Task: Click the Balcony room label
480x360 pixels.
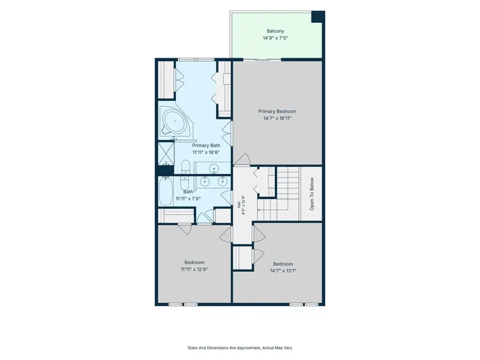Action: tap(275, 31)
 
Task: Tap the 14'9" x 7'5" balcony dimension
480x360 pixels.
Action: tap(275, 38)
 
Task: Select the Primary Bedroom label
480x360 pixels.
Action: tap(277, 112)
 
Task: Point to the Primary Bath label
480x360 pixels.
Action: tap(206, 145)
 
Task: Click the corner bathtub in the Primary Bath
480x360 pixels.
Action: tap(175, 121)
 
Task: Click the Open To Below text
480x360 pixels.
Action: tap(312, 194)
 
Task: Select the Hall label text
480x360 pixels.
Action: tap(239, 205)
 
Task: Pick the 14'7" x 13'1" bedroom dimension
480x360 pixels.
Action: tap(283, 271)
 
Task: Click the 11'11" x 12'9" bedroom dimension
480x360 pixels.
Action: tap(194, 269)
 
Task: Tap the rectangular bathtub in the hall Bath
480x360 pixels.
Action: tap(166, 191)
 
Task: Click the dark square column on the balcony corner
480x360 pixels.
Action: tap(318, 17)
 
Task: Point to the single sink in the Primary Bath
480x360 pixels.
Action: tap(214, 168)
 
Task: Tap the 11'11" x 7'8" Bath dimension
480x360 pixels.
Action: tap(188, 199)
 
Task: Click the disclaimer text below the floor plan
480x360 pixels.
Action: tap(239, 348)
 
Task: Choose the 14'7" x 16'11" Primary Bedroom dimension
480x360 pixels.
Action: tap(277, 118)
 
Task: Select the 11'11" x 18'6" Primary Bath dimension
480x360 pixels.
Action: tap(206, 152)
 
